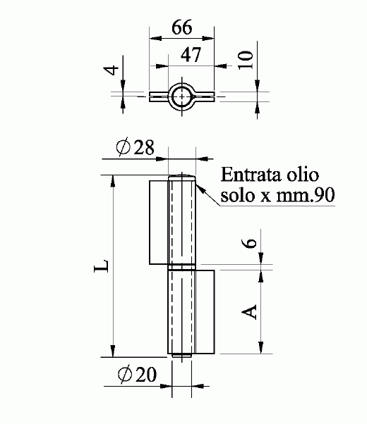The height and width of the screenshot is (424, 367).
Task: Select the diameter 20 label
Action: (134, 375)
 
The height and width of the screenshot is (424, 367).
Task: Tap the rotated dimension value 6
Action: (248, 244)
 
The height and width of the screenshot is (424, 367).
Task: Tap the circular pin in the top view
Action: (181, 95)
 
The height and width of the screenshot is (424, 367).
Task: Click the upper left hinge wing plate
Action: (158, 222)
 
